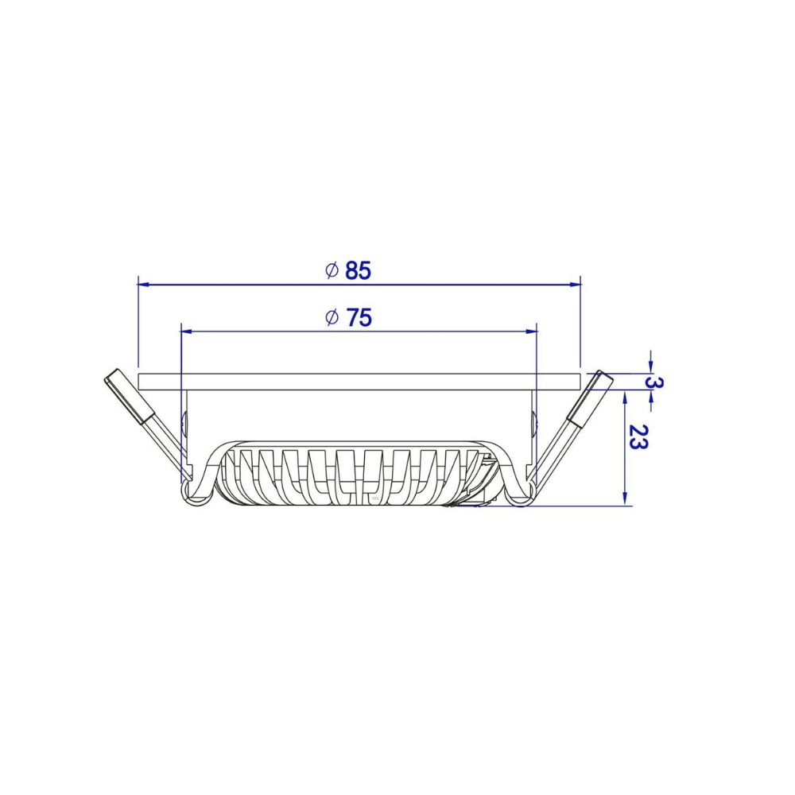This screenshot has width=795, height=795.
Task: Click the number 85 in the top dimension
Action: [x=359, y=271]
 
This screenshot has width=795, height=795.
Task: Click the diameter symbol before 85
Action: [x=332, y=270]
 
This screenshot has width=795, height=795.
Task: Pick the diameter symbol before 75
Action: [x=332, y=317]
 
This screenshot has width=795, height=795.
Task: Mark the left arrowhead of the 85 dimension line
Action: [x=143, y=283]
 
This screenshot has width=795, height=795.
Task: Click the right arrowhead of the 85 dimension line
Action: [x=576, y=283]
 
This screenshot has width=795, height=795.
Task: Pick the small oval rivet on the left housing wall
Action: [x=186, y=424]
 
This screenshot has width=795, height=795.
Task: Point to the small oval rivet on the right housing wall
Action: [x=533, y=424]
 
